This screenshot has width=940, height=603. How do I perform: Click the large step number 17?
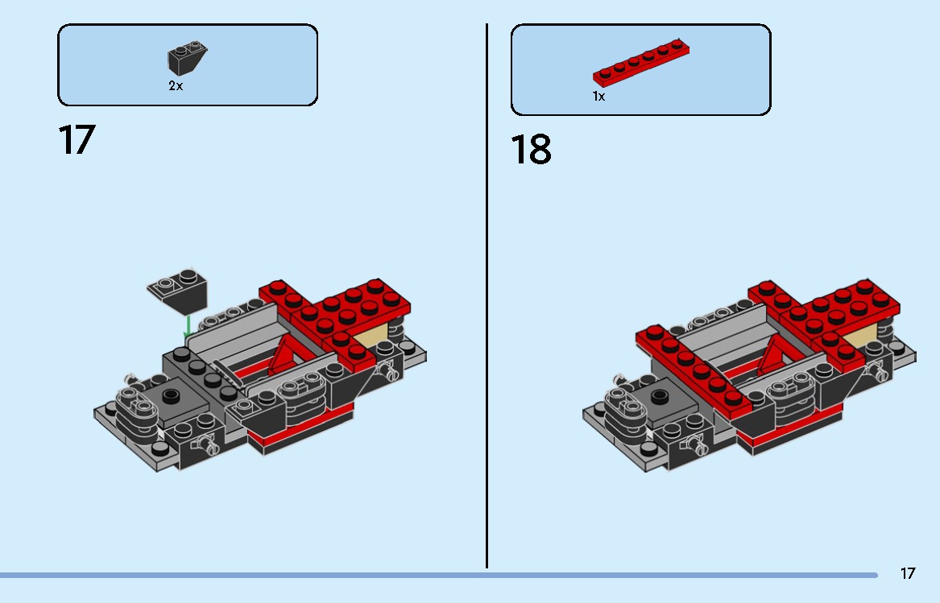pos(77,140)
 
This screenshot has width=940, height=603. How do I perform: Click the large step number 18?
pos(531,150)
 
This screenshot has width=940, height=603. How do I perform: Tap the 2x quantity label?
pos(176,85)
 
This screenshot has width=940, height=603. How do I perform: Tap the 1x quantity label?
pos(598,96)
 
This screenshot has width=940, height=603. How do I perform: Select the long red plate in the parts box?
pos(641,62)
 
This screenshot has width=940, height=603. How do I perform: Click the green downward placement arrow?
pos(188,326)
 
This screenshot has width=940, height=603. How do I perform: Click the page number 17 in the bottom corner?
pos(907,573)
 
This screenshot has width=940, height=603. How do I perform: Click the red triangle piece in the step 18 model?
pos(776,353)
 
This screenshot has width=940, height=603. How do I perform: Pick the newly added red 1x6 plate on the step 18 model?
pos(691,370)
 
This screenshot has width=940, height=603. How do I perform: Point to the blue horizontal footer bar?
pos(435,575)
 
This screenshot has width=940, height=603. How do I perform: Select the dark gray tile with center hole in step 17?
pos(171,395)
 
